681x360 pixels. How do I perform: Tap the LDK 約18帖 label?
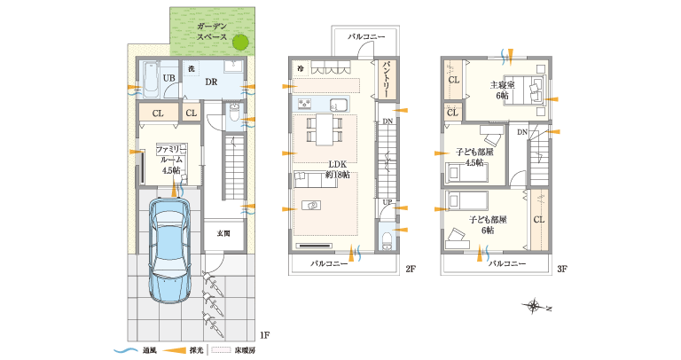(x=338, y=169)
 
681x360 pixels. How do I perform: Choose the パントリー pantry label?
(x=388, y=79)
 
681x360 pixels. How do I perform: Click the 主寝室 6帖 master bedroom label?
(x=502, y=90)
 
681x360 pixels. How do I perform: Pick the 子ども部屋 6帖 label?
(x=488, y=224)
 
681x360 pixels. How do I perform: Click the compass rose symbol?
(x=535, y=307)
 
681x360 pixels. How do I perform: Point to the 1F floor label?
(x=264, y=335)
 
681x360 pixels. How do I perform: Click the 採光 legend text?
(x=194, y=350)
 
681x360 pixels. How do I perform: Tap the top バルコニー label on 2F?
(x=366, y=36)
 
